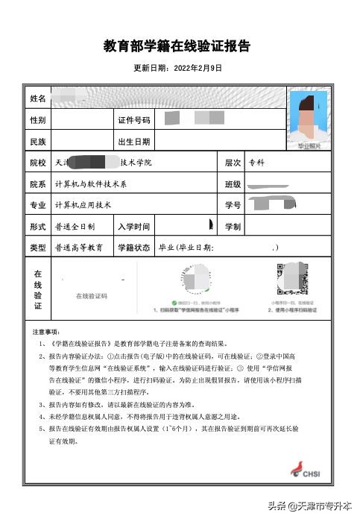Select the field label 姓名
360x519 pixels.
pos(38,98)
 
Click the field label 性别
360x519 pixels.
pos(38,120)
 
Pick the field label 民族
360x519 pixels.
pos(38,141)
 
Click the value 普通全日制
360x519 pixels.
pos(75,226)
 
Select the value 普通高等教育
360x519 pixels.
pos(78,248)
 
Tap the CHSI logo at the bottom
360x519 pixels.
pos(310,471)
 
